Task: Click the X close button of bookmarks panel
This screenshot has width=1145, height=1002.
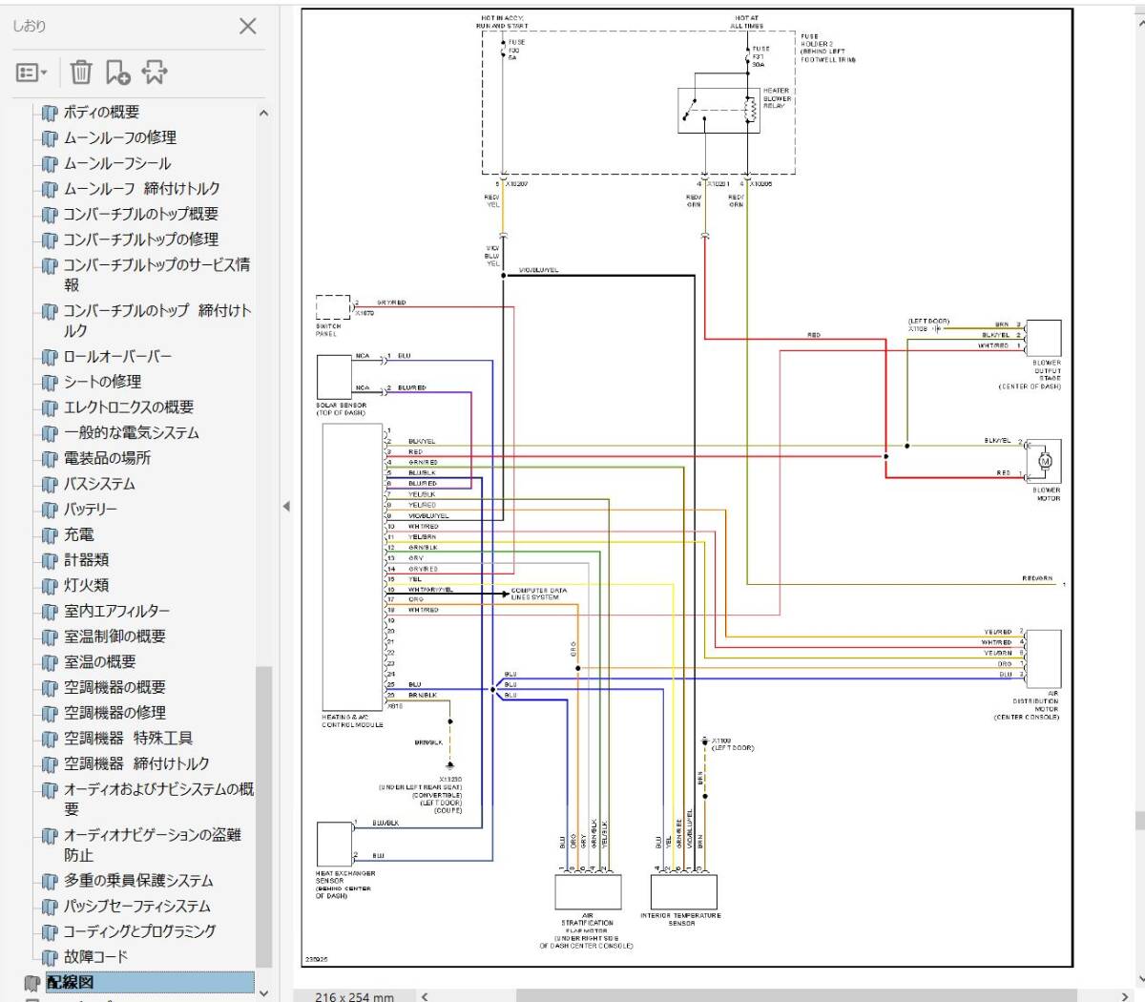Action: (x=248, y=26)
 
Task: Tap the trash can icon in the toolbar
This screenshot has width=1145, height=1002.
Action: (x=81, y=73)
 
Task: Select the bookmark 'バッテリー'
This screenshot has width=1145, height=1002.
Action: (x=91, y=510)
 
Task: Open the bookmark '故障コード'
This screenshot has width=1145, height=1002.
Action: (x=95, y=956)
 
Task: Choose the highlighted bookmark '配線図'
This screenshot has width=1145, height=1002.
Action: (x=72, y=982)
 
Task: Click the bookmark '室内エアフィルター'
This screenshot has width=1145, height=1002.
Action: (x=116, y=611)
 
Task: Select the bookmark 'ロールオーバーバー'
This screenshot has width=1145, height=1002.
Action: (x=117, y=356)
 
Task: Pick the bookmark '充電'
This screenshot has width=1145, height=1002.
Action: (x=78, y=534)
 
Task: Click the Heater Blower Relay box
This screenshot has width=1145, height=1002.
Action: (x=718, y=111)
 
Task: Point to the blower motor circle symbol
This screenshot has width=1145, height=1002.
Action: (x=1045, y=462)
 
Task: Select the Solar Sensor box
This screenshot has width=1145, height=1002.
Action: (x=334, y=376)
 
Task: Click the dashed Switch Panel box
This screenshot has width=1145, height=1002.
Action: (x=333, y=307)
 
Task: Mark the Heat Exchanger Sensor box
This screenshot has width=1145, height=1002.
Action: (x=334, y=844)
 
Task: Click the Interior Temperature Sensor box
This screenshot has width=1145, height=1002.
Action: (x=683, y=891)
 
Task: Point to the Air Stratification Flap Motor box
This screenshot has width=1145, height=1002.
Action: (x=588, y=891)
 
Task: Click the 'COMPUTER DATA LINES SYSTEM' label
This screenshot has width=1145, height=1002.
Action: (x=539, y=594)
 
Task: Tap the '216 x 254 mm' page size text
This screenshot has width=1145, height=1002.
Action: (x=354, y=996)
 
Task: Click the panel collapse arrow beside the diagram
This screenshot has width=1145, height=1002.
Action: (x=286, y=506)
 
